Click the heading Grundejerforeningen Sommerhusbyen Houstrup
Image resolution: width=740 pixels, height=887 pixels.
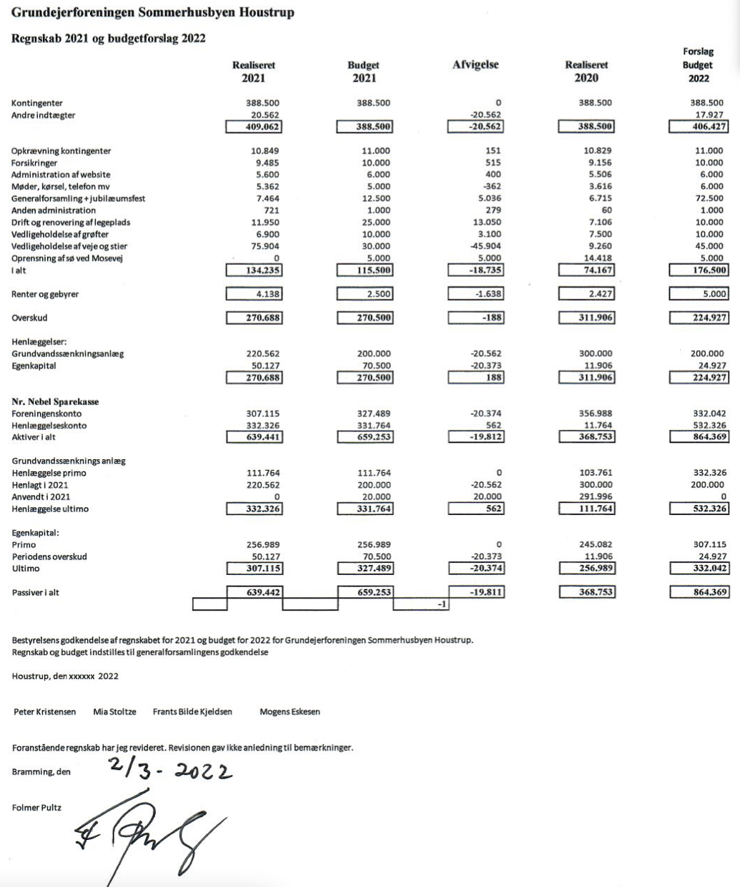pyautogui.click(x=152, y=13)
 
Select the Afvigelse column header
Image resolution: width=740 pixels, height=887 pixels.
pyautogui.click(x=475, y=65)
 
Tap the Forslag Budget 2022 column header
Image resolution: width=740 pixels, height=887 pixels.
pyautogui.click(x=698, y=65)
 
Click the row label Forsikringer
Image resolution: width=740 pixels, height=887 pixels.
pyautogui.click(x=34, y=163)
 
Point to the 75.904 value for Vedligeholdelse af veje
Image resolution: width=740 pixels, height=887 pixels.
pyautogui.click(x=267, y=246)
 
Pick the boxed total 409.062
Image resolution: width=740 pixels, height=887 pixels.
pyautogui.click(x=254, y=127)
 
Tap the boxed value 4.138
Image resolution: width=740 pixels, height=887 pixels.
pyautogui.click(x=254, y=294)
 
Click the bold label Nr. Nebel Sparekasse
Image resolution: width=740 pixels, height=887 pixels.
pyautogui.click(x=55, y=402)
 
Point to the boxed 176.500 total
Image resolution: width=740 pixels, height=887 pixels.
pyautogui.click(x=699, y=270)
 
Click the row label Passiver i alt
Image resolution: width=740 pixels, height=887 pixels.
pyautogui.click(x=35, y=593)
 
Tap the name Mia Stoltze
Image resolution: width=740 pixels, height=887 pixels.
pyautogui.click(x=114, y=712)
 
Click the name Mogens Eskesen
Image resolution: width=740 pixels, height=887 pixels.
pyautogui.click(x=290, y=712)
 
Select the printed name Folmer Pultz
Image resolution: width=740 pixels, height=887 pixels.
pyautogui.click(x=36, y=808)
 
